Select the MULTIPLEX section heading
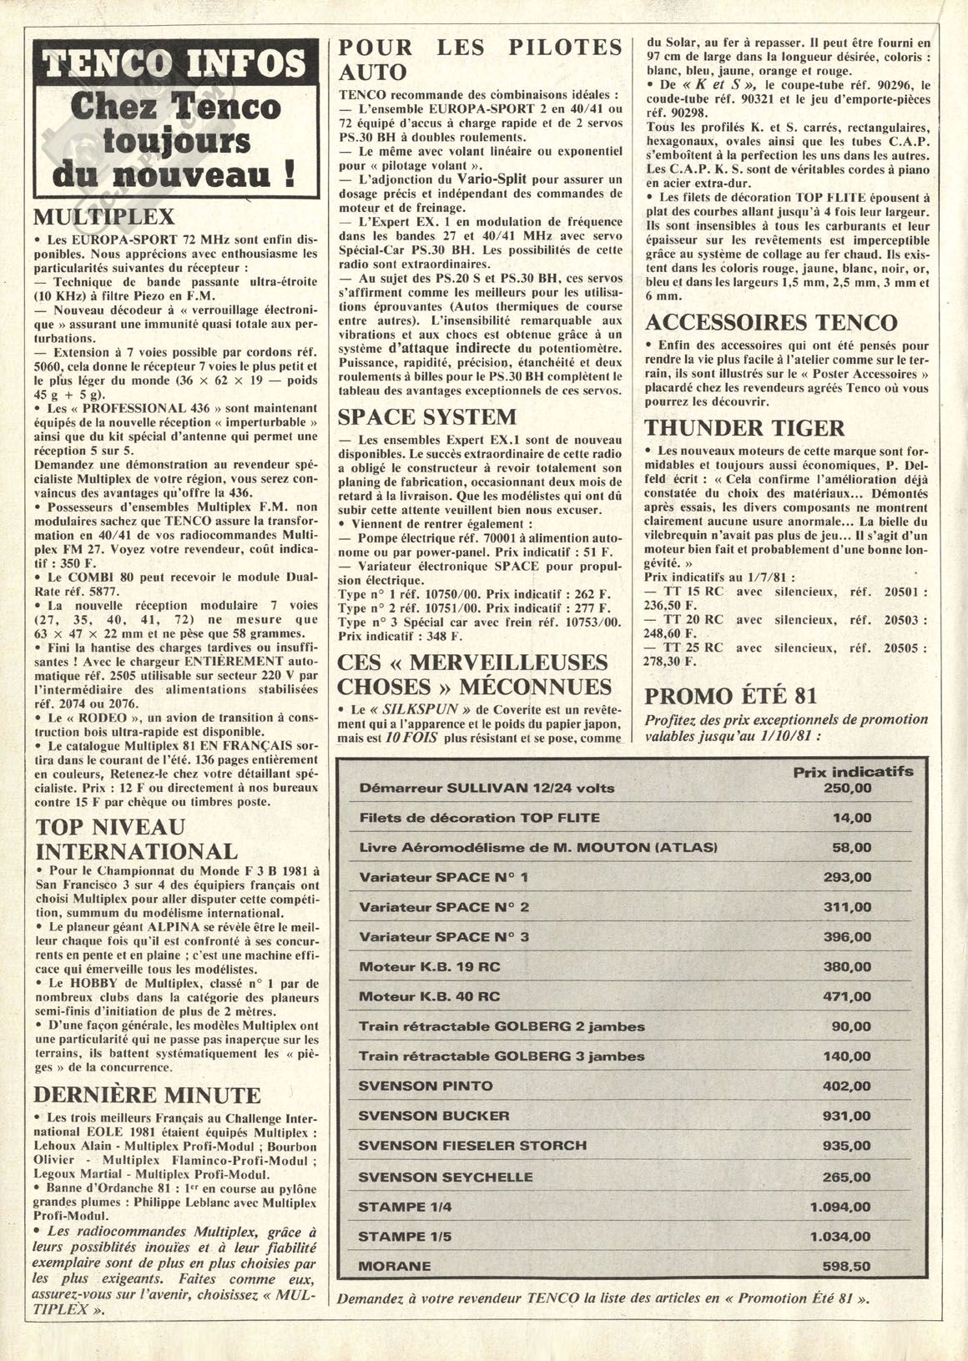(x=103, y=217)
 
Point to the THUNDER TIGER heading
(x=745, y=428)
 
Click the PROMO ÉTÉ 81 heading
(x=731, y=695)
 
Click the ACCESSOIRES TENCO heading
(x=772, y=322)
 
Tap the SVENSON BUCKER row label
(x=433, y=1116)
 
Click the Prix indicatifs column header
(x=852, y=772)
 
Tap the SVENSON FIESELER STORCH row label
(x=471, y=1146)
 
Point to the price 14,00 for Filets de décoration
(x=851, y=818)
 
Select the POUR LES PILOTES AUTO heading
(x=480, y=58)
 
